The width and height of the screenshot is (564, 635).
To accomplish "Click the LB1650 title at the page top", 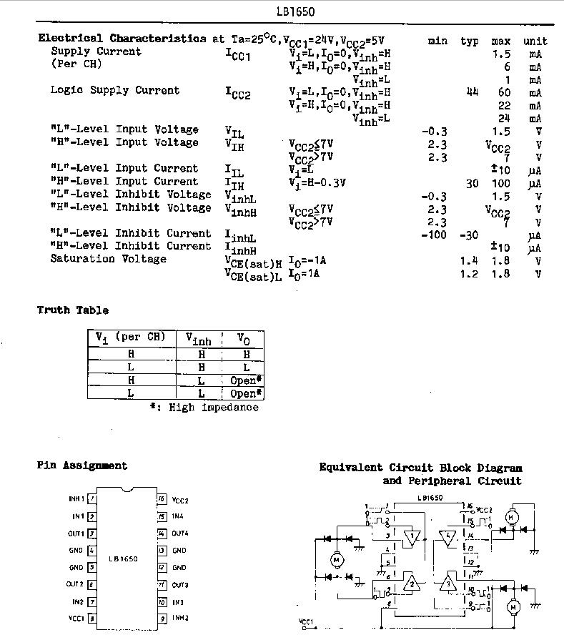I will tap(295, 11).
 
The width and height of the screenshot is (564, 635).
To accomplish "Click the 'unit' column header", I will tap(534, 41).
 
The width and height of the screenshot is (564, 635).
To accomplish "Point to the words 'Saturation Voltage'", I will tap(108, 259).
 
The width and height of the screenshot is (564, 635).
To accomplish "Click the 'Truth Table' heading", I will tap(73, 310).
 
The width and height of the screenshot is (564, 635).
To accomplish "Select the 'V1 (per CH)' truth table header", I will tap(131, 337).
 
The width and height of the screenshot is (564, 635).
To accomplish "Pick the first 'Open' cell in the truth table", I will tap(245, 380).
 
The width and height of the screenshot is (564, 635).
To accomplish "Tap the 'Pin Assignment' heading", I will tap(82, 466).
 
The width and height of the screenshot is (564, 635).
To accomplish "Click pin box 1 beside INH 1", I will tap(92, 498).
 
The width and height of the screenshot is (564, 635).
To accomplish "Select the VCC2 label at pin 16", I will tap(180, 501).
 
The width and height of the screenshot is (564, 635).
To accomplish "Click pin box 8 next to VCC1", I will tap(92, 618).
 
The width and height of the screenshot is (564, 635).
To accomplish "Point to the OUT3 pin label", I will tap(179, 584).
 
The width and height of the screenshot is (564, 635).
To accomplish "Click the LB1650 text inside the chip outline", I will tap(123, 558).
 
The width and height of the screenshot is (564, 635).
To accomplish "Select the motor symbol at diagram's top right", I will tap(510, 516).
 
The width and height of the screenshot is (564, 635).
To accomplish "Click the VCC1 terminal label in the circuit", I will tap(306, 621).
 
